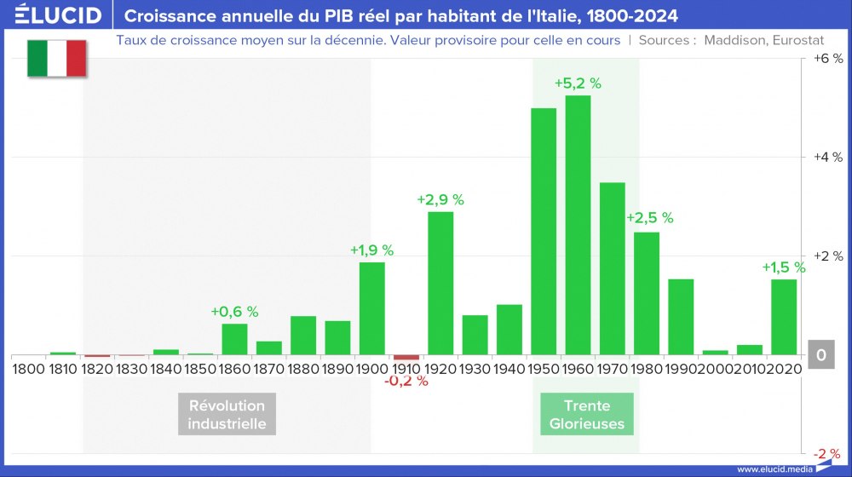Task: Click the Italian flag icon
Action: [x=57, y=59]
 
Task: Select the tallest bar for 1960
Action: [x=578, y=225]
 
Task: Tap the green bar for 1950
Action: [x=544, y=231]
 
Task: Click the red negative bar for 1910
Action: [x=406, y=357]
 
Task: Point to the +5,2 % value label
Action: [x=578, y=83]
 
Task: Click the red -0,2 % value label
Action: [x=406, y=381]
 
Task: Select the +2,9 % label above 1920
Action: [x=440, y=199]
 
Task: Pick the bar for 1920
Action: [x=440, y=283]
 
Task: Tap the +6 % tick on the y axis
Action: [x=826, y=59]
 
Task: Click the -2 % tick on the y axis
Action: [x=826, y=453]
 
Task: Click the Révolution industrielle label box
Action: [x=227, y=414]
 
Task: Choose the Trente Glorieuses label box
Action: [x=586, y=414]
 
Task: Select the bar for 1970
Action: [x=612, y=268]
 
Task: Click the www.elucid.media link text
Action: [x=773, y=468]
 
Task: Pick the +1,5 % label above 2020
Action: [x=784, y=267]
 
